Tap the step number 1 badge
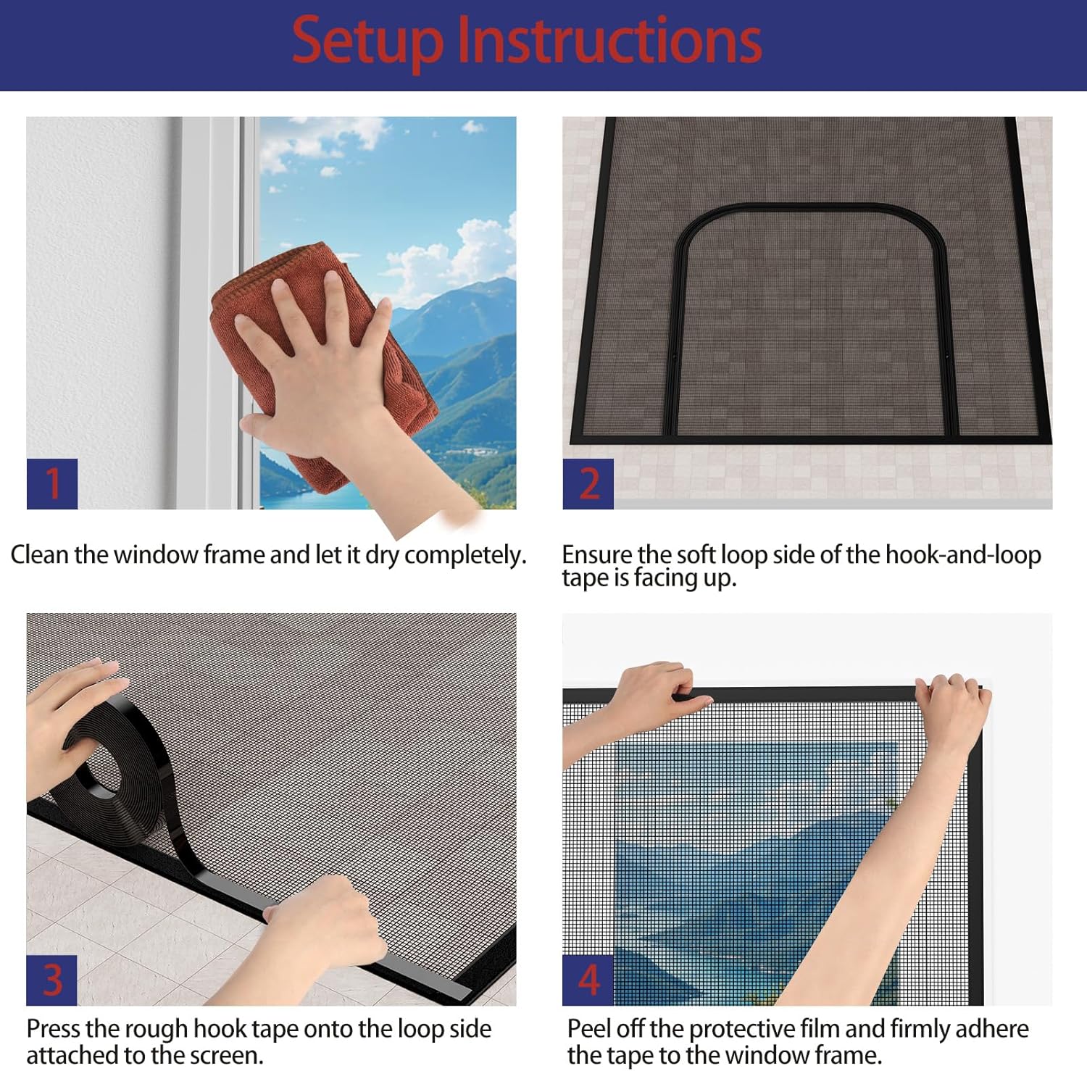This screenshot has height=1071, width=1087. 52,483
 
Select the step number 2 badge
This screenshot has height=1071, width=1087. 588,483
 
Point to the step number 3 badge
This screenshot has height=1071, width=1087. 52,980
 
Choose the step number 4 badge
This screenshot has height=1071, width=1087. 588,980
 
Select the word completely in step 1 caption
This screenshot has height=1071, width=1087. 465,555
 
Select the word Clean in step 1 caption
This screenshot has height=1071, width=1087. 39,555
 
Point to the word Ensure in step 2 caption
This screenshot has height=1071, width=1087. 597,555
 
